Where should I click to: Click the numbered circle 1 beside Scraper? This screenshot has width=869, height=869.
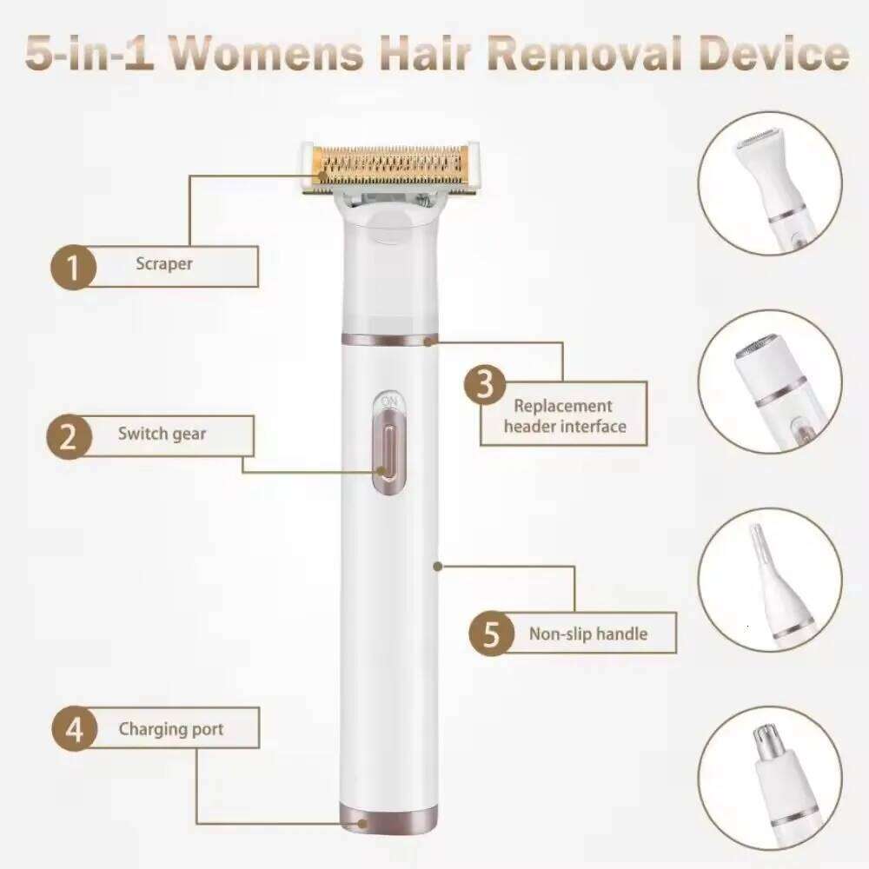click(74, 267)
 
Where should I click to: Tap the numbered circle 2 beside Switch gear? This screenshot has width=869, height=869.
click(69, 437)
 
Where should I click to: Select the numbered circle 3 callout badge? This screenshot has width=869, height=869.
click(485, 384)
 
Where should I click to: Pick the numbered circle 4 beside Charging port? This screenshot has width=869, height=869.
click(74, 728)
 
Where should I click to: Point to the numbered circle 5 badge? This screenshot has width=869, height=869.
click(492, 633)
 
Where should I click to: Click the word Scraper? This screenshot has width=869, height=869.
click(164, 264)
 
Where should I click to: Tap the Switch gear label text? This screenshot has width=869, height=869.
click(162, 434)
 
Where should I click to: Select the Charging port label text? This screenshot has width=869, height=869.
click(171, 729)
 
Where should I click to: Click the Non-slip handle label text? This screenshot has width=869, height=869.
click(588, 634)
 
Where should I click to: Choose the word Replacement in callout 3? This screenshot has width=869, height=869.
click(563, 406)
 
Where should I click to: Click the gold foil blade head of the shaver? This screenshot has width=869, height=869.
click(390, 168)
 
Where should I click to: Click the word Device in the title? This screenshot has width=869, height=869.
click(773, 54)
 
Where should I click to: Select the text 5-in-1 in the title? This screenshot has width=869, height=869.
click(90, 54)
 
